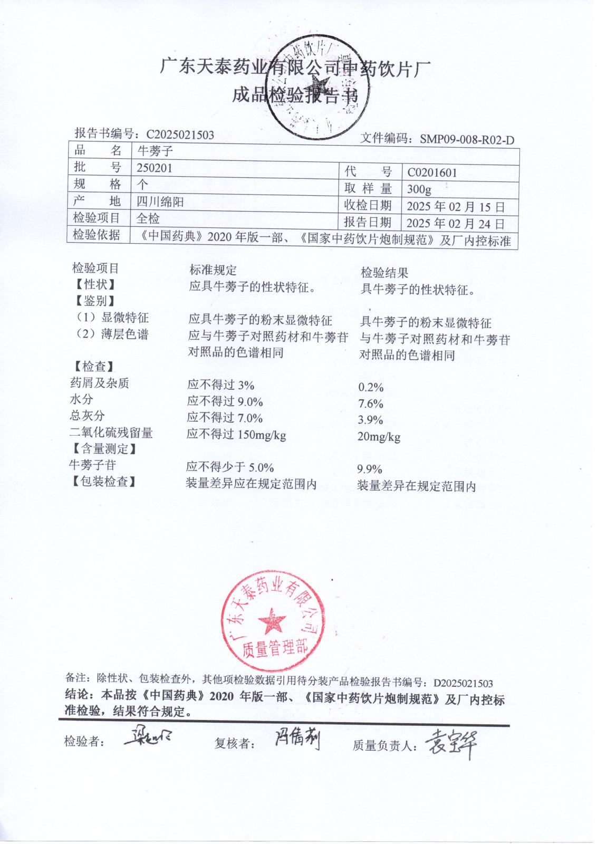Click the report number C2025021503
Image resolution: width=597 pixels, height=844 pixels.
pyautogui.click(x=180, y=135)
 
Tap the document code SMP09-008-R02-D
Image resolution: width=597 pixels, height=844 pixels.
pyautogui.click(x=467, y=140)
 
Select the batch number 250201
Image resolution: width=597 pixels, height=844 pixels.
pyautogui.click(x=154, y=168)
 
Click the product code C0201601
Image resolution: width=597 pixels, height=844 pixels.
pyautogui.click(x=432, y=172)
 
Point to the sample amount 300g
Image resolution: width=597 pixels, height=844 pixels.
pyautogui.click(x=419, y=189)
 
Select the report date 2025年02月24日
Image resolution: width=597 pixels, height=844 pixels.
pyautogui.click(x=455, y=224)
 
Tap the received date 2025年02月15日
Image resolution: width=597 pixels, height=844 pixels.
pyautogui.click(x=455, y=207)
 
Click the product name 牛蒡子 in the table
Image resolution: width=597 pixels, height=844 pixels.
pyautogui.click(x=155, y=151)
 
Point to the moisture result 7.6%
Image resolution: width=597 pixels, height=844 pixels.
pyautogui.click(x=371, y=404)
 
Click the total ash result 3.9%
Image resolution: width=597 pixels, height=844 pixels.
pyautogui.click(x=371, y=420)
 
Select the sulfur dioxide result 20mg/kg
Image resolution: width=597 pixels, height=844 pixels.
pyautogui.click(x=379, y=437)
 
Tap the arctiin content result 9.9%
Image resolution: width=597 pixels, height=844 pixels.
pyautogui.click(x=370, y=469)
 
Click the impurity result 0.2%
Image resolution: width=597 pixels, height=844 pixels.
pyautogui.click(x=371, y=388)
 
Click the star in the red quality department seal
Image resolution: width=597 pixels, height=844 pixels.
pyautogui.click(x=272, y=621)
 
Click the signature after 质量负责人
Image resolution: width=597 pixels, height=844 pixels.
pyautogui.click(x=450, y=744)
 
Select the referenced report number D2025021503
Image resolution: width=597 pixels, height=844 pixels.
pyautogui.click(x=463, y=684)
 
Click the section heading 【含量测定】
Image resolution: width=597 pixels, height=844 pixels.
pyautogui.click(x=104, y=449)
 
